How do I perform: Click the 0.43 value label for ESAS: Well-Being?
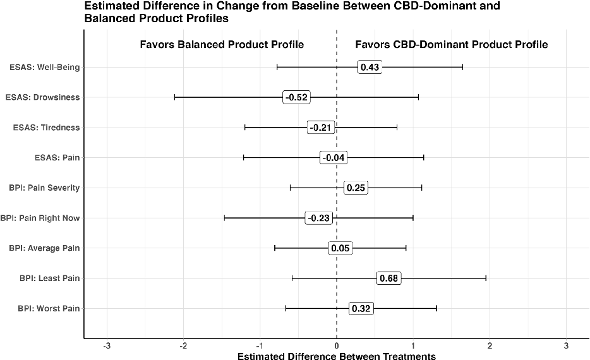(x=370, y=67)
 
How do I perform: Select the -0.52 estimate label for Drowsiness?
(x=296, y=97)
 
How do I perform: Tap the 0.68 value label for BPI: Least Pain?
(x=388, y=279)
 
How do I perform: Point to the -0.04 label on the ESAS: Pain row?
(x=333, y=157)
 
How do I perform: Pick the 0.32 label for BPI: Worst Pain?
(x=361, y=309)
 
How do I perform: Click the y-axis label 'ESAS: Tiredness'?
(x=46, y=128)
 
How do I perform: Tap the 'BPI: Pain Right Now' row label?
(x=40, y=218)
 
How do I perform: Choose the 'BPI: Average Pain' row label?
(x=44, y=248)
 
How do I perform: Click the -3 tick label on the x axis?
(x=107, y=346)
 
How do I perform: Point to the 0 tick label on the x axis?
(x=337, y=346)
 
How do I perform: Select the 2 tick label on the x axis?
(x=490, y=346)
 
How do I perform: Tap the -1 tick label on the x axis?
(x=260, y=346)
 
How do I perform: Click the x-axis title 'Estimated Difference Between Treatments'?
(x=336, y=356)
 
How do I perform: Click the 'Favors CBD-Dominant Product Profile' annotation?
(x=451, y=45)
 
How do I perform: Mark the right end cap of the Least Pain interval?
(x=486, y=279)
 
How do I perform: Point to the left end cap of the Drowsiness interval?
(x=174, y=97)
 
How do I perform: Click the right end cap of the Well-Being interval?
(x=462, y=67)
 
